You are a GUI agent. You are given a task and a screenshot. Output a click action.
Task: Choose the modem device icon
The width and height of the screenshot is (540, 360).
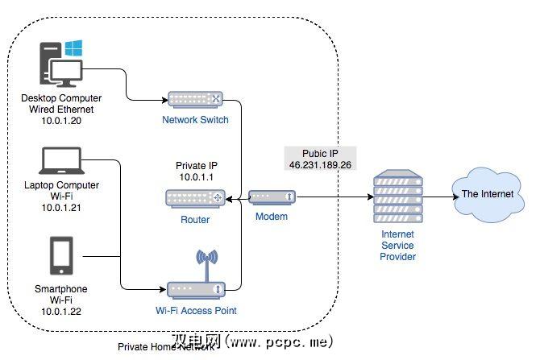click(271, 197)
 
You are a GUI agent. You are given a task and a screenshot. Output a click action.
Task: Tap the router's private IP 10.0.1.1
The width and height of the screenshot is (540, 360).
click(196, 176)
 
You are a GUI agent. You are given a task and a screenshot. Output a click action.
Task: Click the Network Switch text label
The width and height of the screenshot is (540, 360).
click(196, 120)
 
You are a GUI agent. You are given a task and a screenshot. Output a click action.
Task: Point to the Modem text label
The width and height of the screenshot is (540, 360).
click(272, 217)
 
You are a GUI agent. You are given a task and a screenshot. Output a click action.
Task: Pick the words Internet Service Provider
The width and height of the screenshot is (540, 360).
click(397, 245)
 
